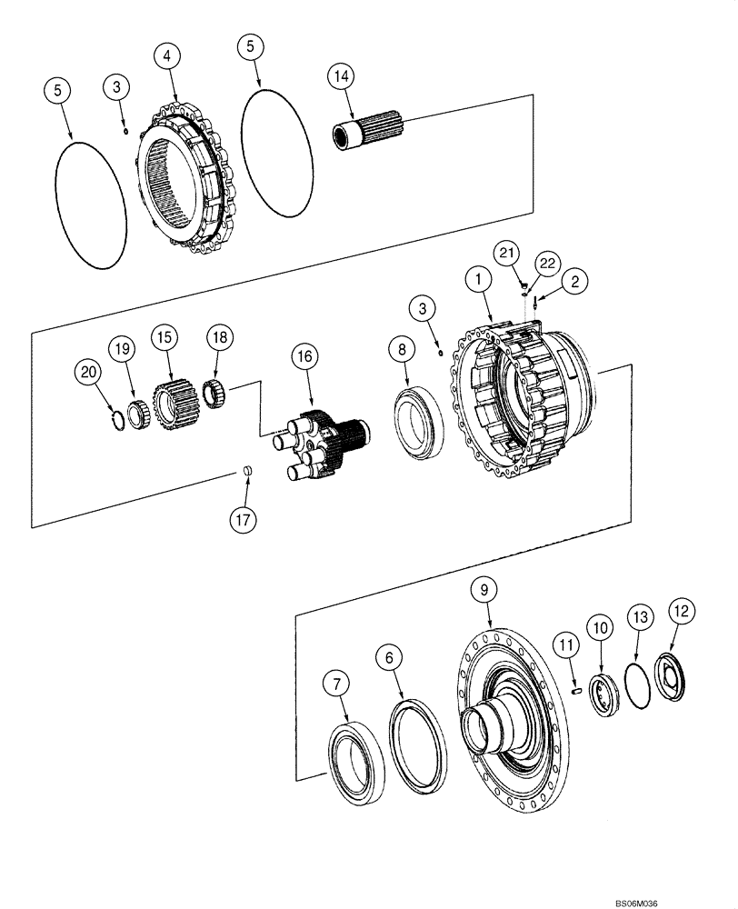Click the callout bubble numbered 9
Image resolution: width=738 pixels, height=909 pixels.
(x=484, y=591)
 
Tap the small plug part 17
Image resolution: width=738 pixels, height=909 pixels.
(x=244, y=470)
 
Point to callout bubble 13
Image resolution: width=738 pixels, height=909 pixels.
(x=640, y=618)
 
